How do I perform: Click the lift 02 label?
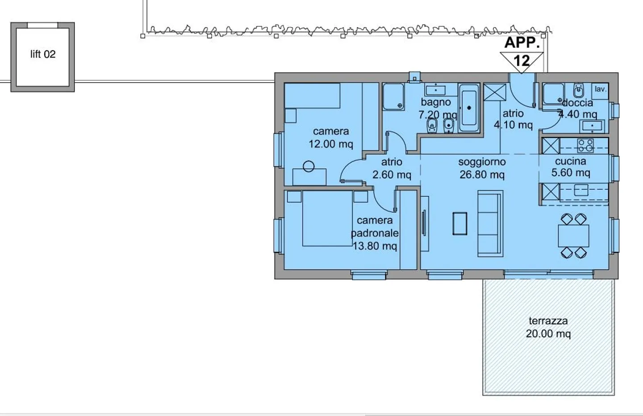(x=43, y=54)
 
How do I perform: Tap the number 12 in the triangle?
(x=522, y=61)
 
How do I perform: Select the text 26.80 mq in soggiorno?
(x=482, y=175)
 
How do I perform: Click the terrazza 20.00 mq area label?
(x=548, y=327)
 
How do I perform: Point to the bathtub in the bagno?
(x=469, y=108)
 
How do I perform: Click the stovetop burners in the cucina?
(x=585, y=145)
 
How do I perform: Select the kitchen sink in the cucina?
(x=581, y=190)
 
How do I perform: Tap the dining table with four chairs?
(x=573, y=236)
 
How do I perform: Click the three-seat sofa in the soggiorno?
(x=490, y=224)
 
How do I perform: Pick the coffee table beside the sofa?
(x=460, y=224)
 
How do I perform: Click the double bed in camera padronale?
(x=327, y=218)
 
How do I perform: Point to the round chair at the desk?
(x=309, y=166)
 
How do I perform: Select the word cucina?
(x=571, y=161)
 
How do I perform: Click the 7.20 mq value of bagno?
(x=438, y=115)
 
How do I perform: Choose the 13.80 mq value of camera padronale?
(x=375, y=246)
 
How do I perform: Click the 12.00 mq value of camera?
(x=331, y=144)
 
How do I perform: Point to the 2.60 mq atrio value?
(x=392, y=175)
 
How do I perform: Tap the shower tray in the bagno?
(x=393, y=97)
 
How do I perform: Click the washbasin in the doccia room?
(x=592, y=126)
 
